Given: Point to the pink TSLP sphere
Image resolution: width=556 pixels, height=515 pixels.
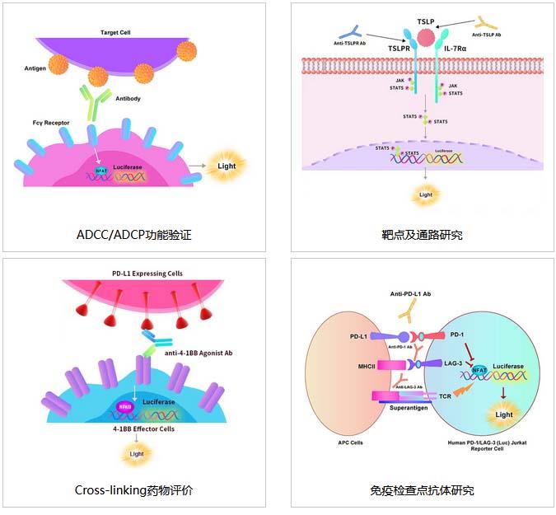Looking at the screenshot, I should (427, 37).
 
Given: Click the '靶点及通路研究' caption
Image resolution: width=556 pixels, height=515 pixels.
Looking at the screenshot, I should (423, 235).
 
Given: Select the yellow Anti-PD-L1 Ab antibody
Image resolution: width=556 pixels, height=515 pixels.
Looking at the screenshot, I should (409, 310).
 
